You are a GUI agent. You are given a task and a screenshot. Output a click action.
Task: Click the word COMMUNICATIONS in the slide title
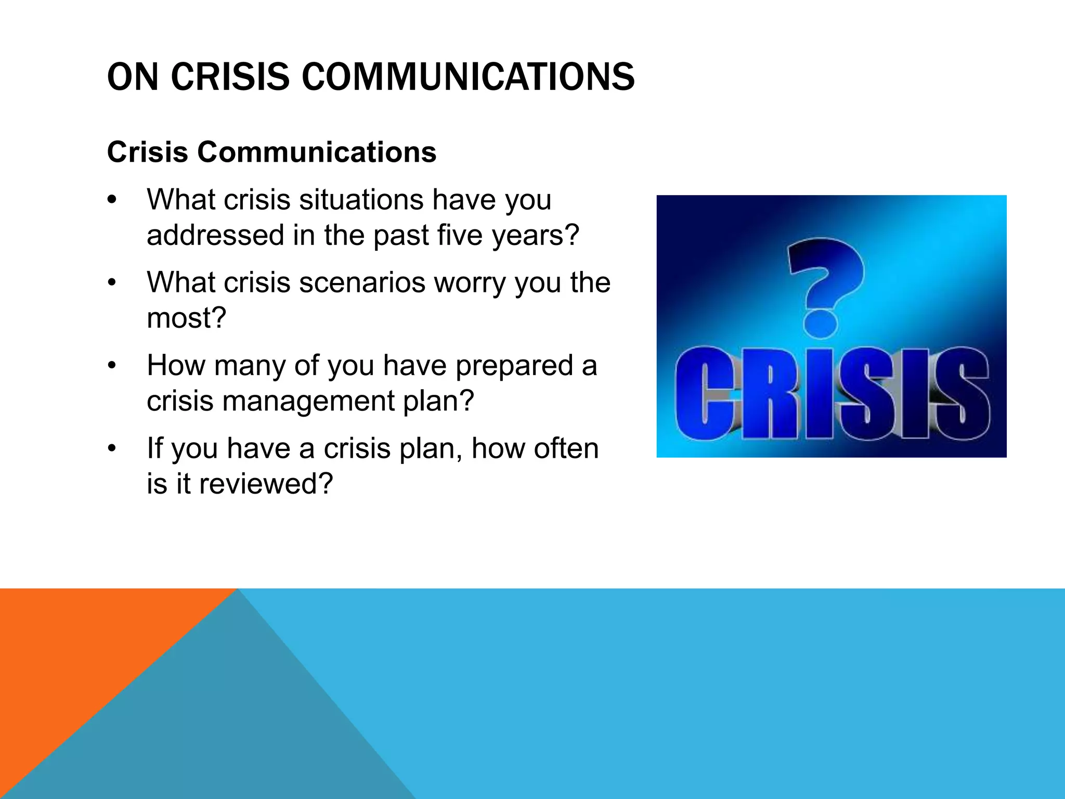pos(468,77)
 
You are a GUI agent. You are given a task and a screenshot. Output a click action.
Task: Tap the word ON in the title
pos(133,77)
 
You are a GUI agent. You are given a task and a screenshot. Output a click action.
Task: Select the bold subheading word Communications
pos(316,152)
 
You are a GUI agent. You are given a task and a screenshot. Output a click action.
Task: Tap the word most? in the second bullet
pos(186,318)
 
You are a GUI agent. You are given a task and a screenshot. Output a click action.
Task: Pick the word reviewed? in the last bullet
pos(265,484)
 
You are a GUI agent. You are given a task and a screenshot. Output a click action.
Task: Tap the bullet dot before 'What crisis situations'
pos(112,201)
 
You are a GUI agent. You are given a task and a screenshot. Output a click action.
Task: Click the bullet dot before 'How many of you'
pos(112,366)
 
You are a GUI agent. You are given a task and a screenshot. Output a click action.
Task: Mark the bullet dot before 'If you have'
pos(112,449)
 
